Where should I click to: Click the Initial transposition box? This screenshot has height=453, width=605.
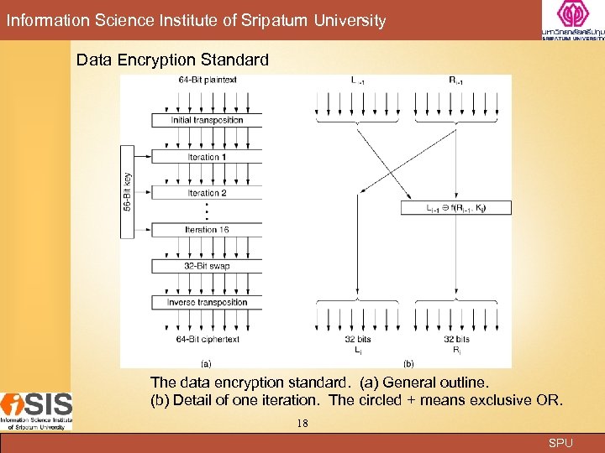(x=207, y=121)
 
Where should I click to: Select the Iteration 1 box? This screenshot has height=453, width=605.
(x=207, y=158)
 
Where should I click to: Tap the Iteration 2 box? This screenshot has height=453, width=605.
(x=207, y=193)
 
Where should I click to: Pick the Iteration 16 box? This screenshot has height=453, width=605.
(x=207, y=230)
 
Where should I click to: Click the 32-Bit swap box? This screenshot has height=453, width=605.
(x=207, y=266)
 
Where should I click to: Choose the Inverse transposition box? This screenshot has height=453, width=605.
(x=207, y=303)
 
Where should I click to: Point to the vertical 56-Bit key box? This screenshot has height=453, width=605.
(x=127, y=190)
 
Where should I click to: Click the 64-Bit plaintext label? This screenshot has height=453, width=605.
(x=208, y=81)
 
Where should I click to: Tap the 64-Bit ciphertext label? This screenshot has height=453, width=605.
(x=208, y=340)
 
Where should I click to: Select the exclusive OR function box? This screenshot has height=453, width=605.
(x=456, y=208)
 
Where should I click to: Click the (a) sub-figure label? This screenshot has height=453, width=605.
(x=206, y=363)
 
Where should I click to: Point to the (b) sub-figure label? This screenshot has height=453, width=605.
(x=408, y=363)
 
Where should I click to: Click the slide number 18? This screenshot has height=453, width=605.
(x=302, y=424)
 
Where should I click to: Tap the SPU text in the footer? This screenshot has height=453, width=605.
(x=560, y=443)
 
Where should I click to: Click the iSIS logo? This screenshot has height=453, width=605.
(x=36, y=410)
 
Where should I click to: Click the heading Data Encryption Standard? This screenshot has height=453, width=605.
(x=172, y=60)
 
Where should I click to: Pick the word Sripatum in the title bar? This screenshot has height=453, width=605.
(x=280, y=20)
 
